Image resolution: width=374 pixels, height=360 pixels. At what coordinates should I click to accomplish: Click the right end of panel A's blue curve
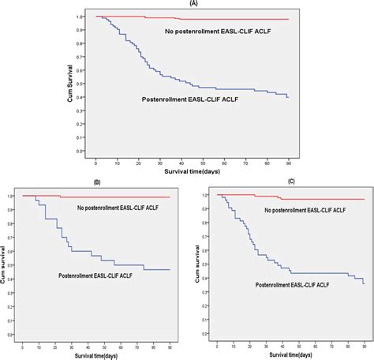[x=288, y=97]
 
